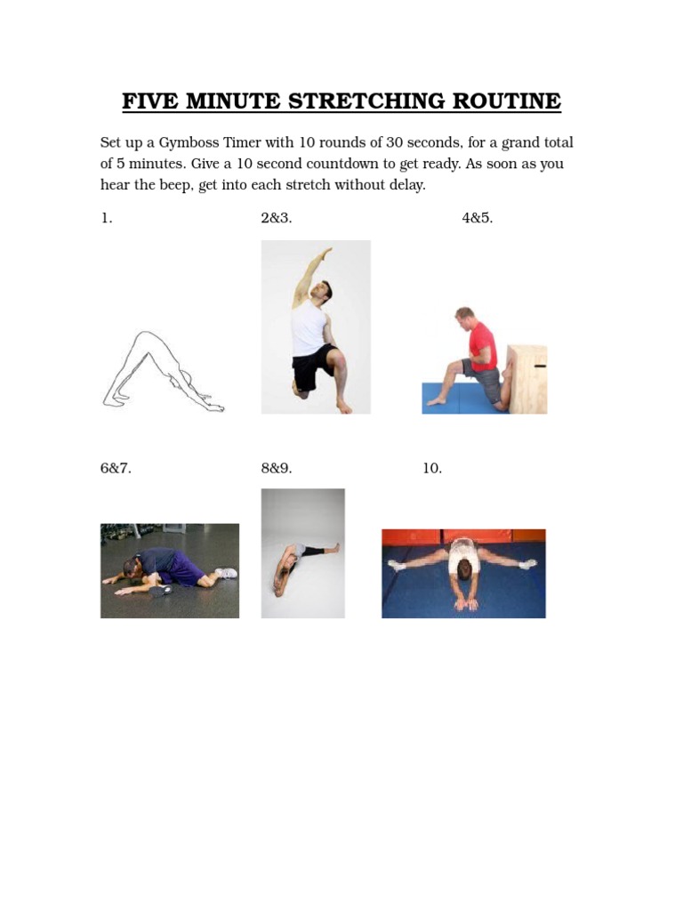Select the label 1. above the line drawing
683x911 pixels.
107,219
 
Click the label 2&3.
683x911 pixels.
277,219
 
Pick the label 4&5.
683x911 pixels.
477,219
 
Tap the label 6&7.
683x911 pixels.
116,469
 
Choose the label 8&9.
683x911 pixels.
277,469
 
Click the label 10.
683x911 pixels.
432,469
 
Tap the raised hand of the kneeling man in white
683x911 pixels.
329,254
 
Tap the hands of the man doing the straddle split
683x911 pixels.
465,605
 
